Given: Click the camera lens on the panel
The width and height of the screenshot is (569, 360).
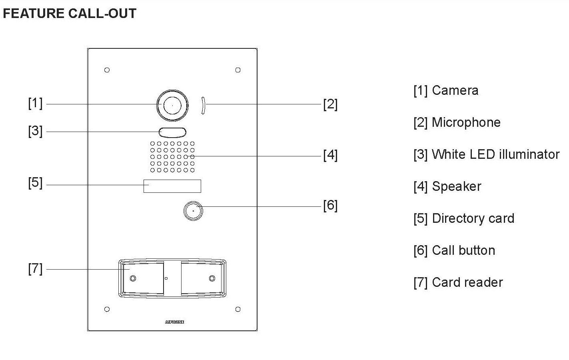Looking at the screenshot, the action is (x=172, y=105).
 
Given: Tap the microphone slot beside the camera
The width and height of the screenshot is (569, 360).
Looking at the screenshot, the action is (x=203, y=106).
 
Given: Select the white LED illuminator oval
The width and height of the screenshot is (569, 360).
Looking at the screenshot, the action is (x=172, y=132).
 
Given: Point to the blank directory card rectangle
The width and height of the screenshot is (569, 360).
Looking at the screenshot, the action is (x=172, y=186).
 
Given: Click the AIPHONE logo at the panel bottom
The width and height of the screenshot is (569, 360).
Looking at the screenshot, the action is (x=174, y=322).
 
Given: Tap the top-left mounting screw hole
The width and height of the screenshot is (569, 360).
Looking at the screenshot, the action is (x=107, y=70).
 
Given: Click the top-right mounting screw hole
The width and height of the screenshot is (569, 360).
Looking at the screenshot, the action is (x=238, y=70).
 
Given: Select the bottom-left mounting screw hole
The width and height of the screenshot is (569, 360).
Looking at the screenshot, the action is (x=107, y=309).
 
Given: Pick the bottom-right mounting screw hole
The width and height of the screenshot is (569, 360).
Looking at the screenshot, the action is (x=238, y=309).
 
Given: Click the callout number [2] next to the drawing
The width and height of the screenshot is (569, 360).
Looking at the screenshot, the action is (x=330, y=104).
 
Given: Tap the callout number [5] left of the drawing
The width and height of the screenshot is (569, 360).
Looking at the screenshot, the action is (x=35, y=183).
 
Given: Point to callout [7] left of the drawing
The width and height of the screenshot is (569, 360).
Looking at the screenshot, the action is (x=35, y=268).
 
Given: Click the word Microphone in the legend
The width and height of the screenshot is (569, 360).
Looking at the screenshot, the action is (x=466, y=122).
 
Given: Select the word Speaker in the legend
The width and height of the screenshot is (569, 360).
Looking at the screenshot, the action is (x=457, y=186).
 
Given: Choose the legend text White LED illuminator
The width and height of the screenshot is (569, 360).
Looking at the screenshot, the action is (x=495, y=154).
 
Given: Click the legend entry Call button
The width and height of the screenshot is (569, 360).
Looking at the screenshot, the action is (x=454, y=250).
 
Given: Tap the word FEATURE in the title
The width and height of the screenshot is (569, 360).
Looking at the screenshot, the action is (x=34, y=14).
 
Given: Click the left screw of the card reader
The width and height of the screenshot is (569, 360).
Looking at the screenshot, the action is (x=133, y=278).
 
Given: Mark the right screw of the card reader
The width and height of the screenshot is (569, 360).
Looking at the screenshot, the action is (x=212, y=278).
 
